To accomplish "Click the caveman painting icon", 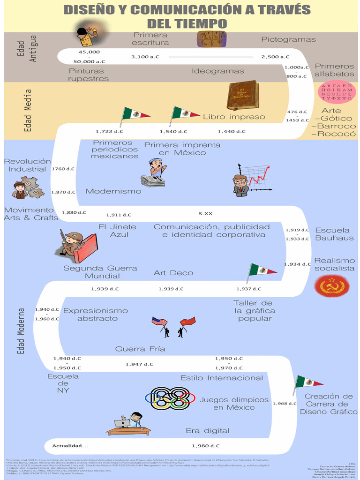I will (x=87, y=36).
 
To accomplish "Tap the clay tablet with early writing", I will (x=211, y=39).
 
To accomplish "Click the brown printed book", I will (x=242, y=95).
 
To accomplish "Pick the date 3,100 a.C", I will (x=145, y=57).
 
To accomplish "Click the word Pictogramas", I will (x=288, y=39).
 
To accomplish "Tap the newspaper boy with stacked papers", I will (x=154, y=173).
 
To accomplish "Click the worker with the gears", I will (x=27, y=187).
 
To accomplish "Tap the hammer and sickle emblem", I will (x=332, y=285).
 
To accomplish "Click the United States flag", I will (x=159, y=322).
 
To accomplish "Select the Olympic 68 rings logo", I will (x=170, y=398).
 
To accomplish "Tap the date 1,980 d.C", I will (x=205, y=445).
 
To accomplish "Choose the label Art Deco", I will (x=173, y=273).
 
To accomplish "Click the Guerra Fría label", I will (x=140, y=349).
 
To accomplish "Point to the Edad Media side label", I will (x=28, y=111).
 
